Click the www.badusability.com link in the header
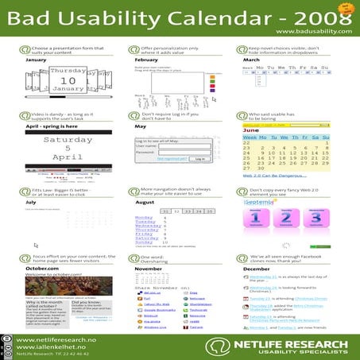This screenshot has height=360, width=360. pyautogui.click(x=313, y=31)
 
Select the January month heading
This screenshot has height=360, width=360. pyautogui.click(x=37, y=60)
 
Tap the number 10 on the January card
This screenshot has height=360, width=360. pyautogui.click(x=68, y=80)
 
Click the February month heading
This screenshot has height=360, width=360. pyautogui.click(x=146, y=60)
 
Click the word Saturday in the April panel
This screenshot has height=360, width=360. pyautogui.click(x=68, y=140)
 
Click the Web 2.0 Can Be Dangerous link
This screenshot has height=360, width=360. pyautogui.click(x=275, y=175)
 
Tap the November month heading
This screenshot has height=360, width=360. pyautogui.click(x=149, y=269)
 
